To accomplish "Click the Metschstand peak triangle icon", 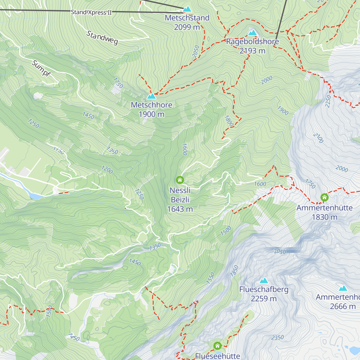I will click(187, 9).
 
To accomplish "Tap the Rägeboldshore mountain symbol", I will click(253, 32).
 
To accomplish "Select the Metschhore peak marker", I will click(151, 96).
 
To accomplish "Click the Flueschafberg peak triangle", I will click(264, 280).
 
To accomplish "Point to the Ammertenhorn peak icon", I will click(343, 288).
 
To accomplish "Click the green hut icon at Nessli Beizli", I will click(180, 180).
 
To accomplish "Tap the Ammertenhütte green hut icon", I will click(324, 197).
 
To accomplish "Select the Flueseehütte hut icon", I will click(217, 346).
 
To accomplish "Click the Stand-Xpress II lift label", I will click(91, 12).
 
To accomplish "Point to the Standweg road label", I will click(102, 38).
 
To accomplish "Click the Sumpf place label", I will click(41, 68).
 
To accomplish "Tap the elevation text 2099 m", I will click(187, 27).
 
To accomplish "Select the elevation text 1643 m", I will click(180, 209).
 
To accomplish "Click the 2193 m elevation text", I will click(252, 51).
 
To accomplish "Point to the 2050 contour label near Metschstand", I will click(196, 51).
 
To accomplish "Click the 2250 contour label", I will click(328, 101).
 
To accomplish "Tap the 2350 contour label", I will click(277, 337).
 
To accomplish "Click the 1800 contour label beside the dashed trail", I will click(229, 121).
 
